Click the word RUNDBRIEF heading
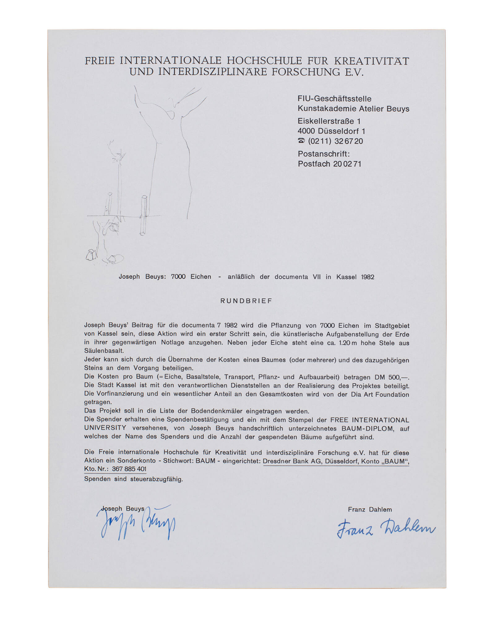pyautogui.click(x=246, y=301)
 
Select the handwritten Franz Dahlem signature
pyautogui.click(x=386, y=528)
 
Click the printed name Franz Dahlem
pyautogui.click(x=370, y=509)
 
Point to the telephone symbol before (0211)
pyautogui.click(x=301, y=141)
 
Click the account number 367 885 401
pyautogui.click(x=129, y=469)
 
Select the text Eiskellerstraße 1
pyautogui.click(x=329, y=121)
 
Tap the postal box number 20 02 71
pyautogui.click(x=347, y=164)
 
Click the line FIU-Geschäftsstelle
pyautogui.click(x=334, y=99)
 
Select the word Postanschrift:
pyautogui.click(x=324, y=154)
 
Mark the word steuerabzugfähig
pyautogui.click(x=157, y=479)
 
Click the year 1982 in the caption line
pyautogui.click(x=368, y=277)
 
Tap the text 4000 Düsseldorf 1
pyautogui.click(x=331, y=131)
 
